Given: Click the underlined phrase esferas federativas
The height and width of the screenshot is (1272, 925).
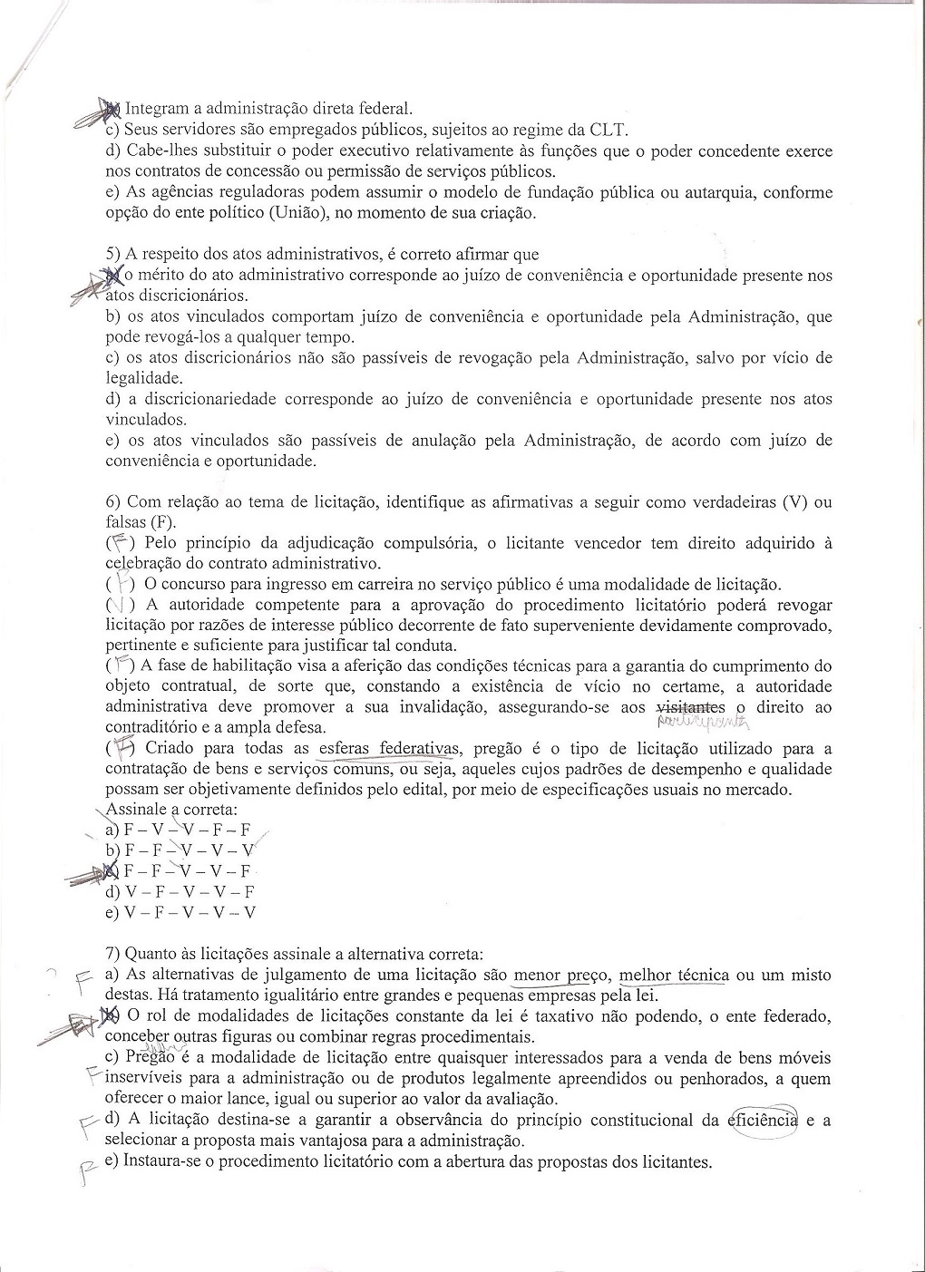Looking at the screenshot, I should coord(385,748).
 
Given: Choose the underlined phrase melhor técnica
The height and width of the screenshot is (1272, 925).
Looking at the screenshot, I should coord(674,975).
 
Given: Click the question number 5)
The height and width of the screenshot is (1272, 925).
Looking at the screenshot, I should coord(115,255).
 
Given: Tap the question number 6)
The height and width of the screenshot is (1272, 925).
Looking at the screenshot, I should coord(115,501).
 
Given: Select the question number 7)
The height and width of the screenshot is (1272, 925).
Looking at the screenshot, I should coord(115,954).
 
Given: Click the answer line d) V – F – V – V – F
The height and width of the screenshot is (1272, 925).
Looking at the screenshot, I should coord(180,891).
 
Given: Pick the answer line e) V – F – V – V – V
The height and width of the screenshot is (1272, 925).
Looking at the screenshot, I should coord(180,912).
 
